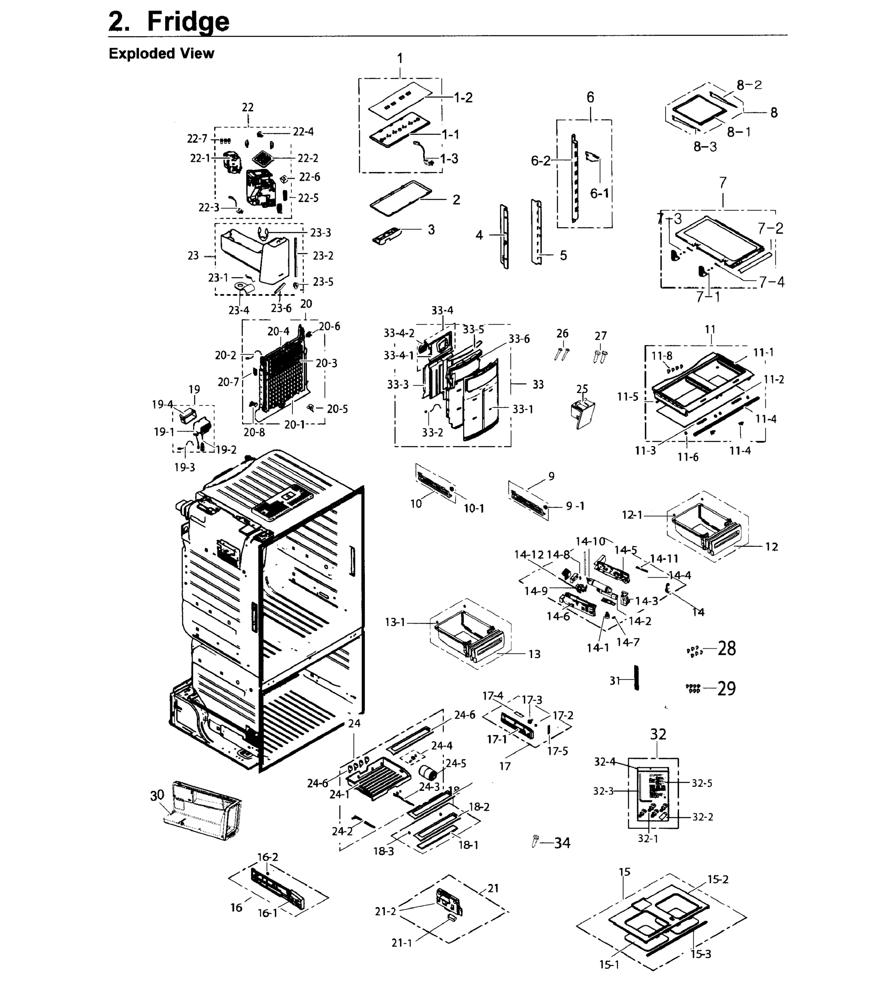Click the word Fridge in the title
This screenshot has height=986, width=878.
[188, 21]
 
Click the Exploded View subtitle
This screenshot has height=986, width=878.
[161, 53]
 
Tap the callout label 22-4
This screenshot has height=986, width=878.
[303, 132]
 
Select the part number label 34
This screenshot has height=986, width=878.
[562, 843]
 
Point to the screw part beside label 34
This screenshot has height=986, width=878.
[535, 841]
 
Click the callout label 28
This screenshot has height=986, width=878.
[726, 648]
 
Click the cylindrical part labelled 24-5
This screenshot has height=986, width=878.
[427, 772]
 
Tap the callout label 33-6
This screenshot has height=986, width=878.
[519, 339]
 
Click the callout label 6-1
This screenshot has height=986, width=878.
[600, 194]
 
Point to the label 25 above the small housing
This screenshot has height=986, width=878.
[582, 389]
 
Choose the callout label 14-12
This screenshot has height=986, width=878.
[529, 555]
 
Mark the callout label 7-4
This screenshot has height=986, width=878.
[772, 282]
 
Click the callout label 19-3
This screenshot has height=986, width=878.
[184, 467]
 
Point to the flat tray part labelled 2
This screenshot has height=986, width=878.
[401, 197]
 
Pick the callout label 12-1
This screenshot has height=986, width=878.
[632, 515]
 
